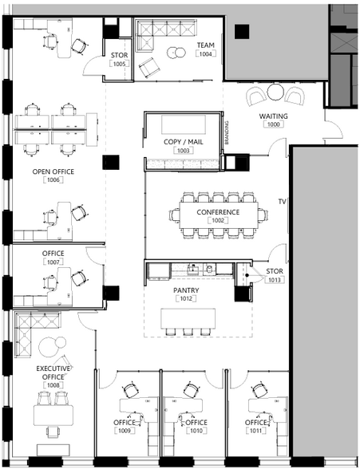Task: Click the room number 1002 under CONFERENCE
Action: tap(218, 220)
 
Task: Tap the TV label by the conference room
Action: tap(282, 202)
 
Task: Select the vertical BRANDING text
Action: tap(227, 132)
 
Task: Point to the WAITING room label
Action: tap(273, 116)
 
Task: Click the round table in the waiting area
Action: tap(275, 92)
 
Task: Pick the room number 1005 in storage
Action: tap(120, 64)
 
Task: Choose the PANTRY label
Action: tap(186, 290)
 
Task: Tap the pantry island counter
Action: tap(188, 318)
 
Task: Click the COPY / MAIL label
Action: tap(183, 142)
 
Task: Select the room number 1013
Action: tap(275, 280)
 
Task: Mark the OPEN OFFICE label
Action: tap(53, 171)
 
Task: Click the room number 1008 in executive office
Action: tap(53, 385)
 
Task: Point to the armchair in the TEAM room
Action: tap(149, 67)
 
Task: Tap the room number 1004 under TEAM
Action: tap(206, 54)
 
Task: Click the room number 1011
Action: tap(256, 431)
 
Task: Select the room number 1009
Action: tap(125, 431)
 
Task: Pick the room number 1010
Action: tap(196, 431)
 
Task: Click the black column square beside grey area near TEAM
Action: tap(242, 32)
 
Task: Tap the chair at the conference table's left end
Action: tap(175, 215)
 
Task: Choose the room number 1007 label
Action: tap(53, 262)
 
